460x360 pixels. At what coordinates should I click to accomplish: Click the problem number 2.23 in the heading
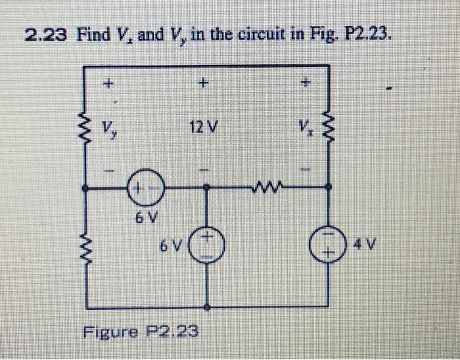(46, 34)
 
